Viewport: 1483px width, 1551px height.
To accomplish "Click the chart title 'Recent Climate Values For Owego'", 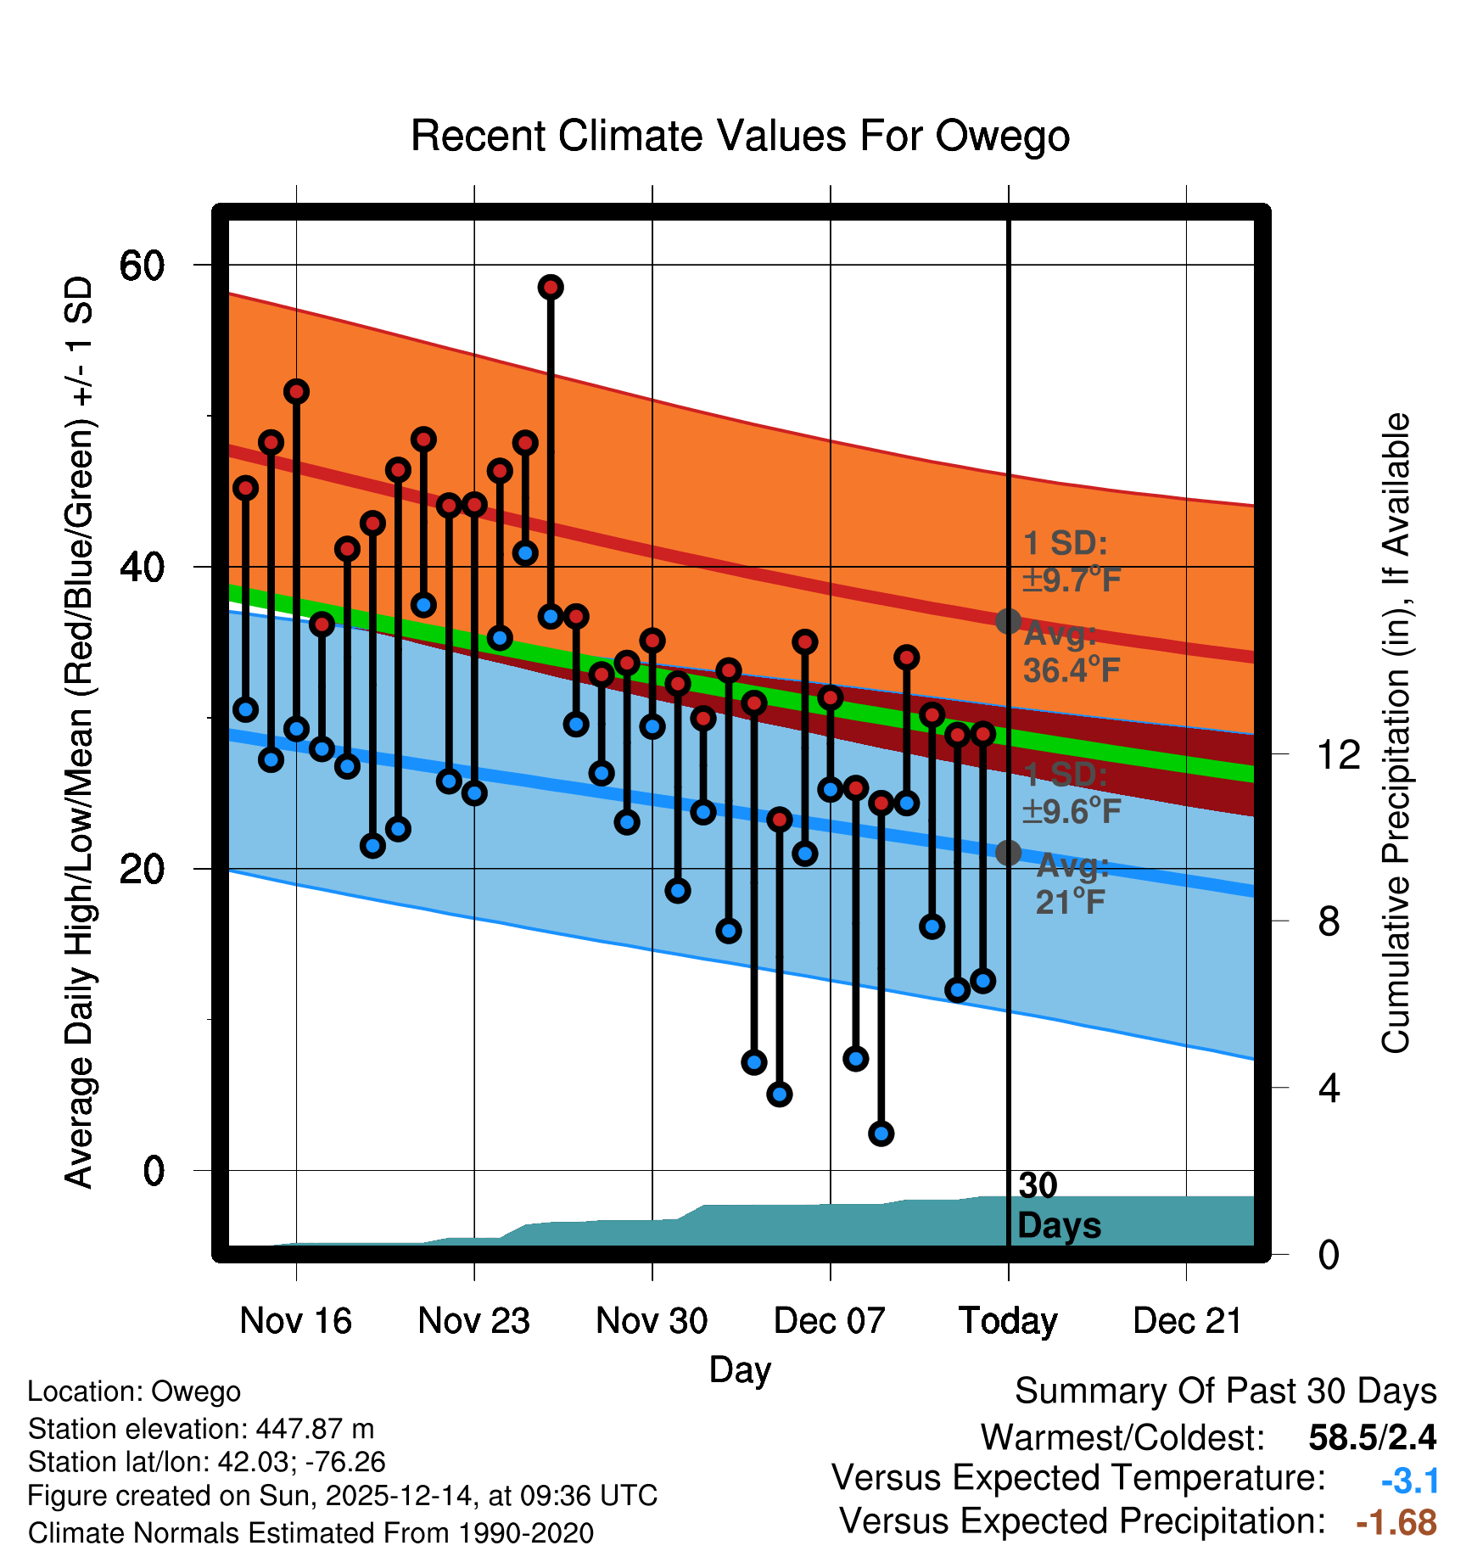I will (740, 136).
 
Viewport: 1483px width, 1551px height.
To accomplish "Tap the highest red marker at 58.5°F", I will (551, 288).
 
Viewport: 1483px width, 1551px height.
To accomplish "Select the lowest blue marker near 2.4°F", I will (881, 1134).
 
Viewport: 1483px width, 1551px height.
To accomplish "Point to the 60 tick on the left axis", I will (143, 266).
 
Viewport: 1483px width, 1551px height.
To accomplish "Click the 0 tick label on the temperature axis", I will (154, 1171).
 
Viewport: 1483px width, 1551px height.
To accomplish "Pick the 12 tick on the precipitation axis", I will (1338, 754).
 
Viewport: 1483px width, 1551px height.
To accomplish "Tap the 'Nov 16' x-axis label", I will (295, 1321).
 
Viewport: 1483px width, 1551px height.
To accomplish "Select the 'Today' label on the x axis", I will (1008, 1321).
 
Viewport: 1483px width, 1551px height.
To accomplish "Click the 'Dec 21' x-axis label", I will (1187, 1321).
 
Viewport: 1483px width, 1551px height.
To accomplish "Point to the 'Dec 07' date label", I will (830, 1321).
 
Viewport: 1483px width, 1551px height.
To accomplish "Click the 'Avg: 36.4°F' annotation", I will (1071, 652).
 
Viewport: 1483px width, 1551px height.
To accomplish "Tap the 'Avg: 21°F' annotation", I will (1072, 884).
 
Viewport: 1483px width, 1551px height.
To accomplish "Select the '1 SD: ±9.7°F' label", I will (1072, 562).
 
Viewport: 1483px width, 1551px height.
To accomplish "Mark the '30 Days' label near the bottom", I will (1058, 1206).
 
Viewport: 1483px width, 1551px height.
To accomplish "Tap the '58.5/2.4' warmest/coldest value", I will (1372, 1437).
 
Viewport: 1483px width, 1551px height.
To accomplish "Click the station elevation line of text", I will (201, 1429).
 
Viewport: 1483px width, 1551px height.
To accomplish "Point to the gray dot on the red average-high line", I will (1008, 621).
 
